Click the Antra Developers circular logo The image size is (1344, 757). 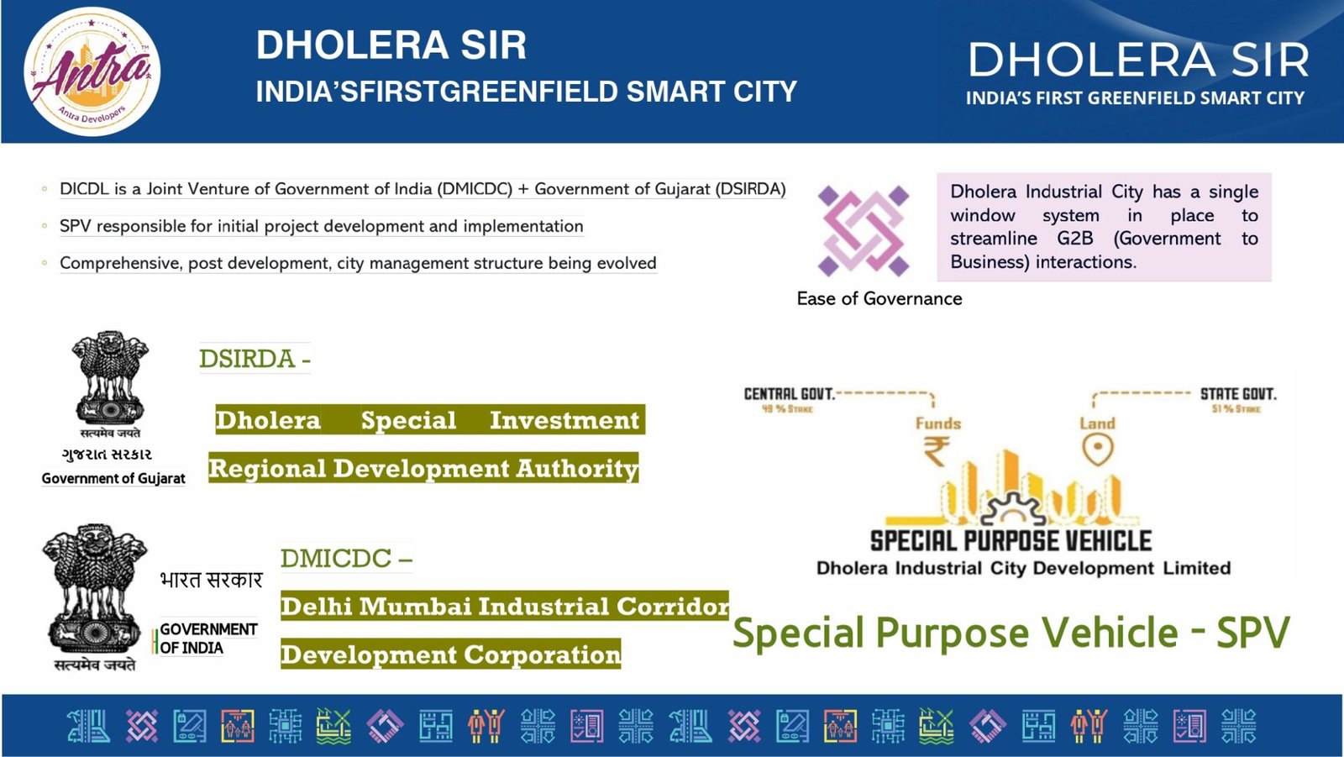(x=92, y=71)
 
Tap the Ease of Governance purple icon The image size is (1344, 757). (x=864, y=231)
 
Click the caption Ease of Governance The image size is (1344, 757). (x=879, y=298)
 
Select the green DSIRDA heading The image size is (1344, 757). (x=255, y=359)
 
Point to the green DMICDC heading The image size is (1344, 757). (x=346, y=558)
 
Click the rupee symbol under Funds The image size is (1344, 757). (x=936, y=451)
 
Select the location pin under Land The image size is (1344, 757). (x=1098, y=449)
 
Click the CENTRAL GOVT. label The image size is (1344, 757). (x=789, y=394)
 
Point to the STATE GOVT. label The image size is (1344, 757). (x=1238, y=394)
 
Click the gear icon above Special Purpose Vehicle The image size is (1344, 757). (x=1013, y=510)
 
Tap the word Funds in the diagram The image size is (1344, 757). (x=937, y=423)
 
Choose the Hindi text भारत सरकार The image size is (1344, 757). (x=211, y=580)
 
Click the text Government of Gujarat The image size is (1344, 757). (x=113, y=478)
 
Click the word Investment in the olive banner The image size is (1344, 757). (x=564, y=419)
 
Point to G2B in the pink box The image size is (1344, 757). (x=1074, y=239)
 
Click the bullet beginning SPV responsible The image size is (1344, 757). (x=322, y=226)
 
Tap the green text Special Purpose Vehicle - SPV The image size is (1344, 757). (x=1011, y=632)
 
